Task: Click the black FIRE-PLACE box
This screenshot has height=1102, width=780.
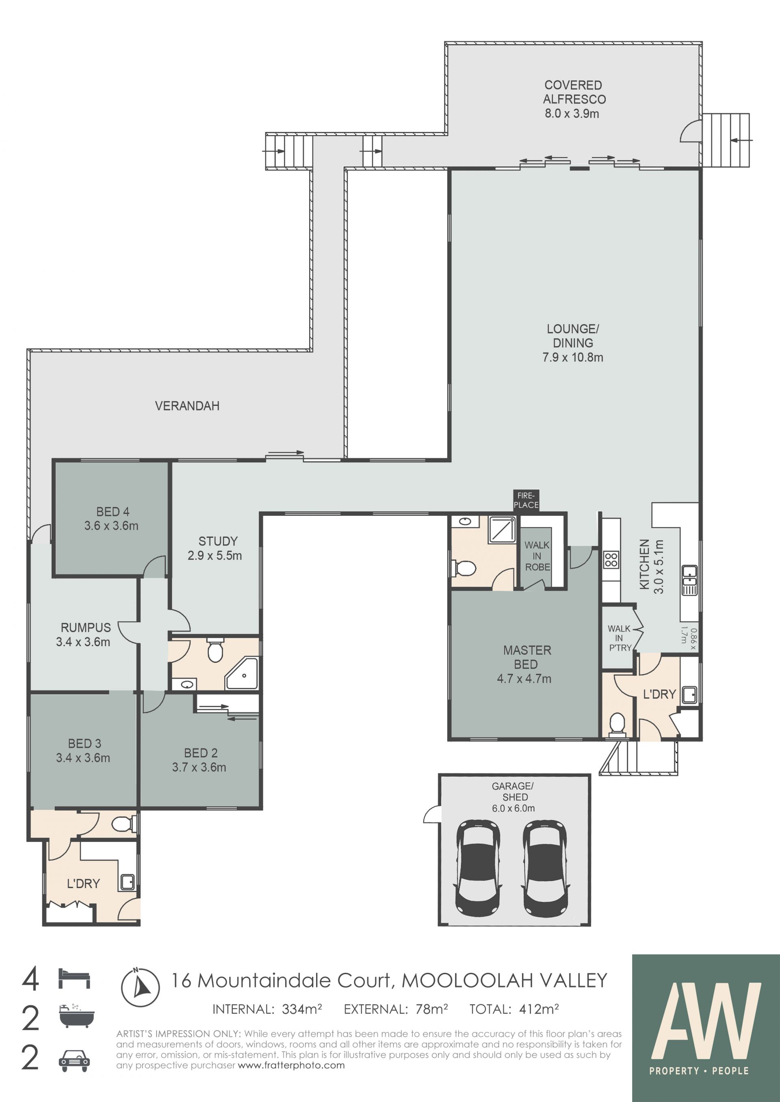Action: [526, 500]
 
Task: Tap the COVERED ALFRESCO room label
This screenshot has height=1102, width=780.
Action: [574, 92]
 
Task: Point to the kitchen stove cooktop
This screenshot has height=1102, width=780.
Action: [611, 560]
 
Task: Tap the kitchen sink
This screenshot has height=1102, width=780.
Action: [689, 580]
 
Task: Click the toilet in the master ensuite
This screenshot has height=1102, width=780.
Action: [464, 569]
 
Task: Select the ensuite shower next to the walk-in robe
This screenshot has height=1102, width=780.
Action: [502, 530]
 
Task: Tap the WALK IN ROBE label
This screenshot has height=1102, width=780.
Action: [537, 556]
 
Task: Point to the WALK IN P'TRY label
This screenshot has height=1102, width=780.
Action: [620, 638]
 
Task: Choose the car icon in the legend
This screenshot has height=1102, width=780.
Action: [74, 1060]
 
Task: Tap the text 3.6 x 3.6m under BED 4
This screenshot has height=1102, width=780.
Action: [111, 526]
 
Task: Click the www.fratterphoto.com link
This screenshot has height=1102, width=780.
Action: [291, 1065]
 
